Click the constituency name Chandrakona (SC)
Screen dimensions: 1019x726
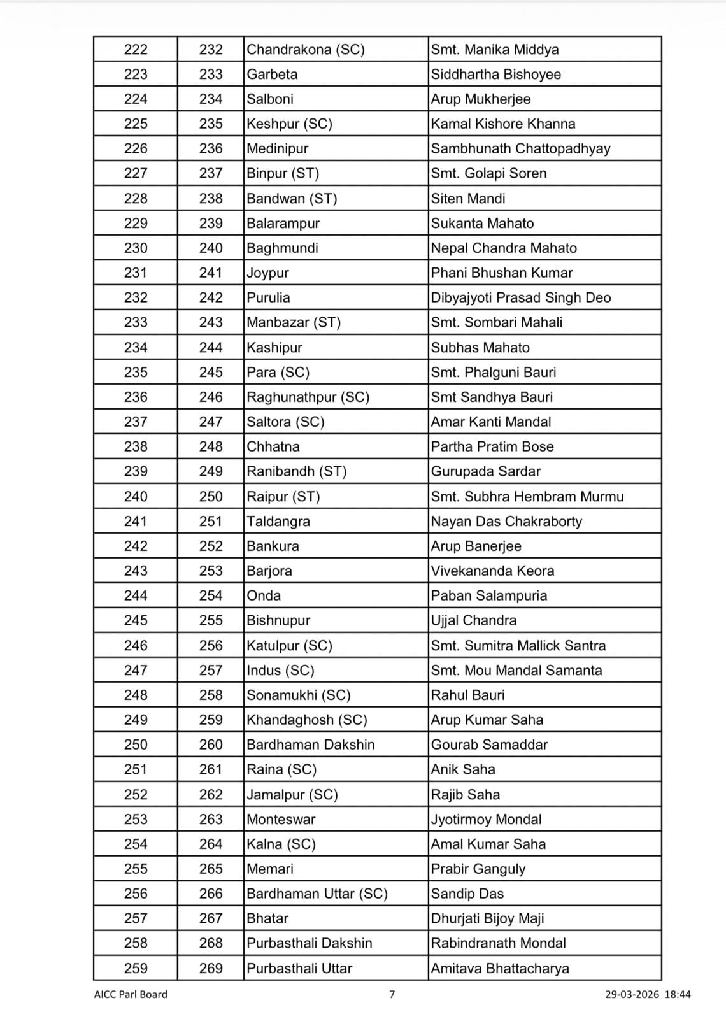click(x=306, y=50)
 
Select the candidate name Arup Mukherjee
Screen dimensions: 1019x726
click(x=480, y=99)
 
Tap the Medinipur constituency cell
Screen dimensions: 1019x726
click(x=278, y=149)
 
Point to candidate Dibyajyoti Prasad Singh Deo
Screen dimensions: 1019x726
click(x=520, y=298)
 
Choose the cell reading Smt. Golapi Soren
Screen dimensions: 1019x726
click(x=488, y=174)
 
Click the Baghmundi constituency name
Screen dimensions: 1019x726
click(x=282, y=248)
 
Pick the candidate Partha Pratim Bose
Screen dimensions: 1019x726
click(x=492, y=447)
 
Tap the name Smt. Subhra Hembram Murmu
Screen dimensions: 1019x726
click(x=527, y=497)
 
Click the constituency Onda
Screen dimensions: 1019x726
click(x=264, y=596)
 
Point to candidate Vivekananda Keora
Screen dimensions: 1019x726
click(x=492, y=571)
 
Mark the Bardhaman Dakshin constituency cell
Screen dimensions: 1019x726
click(x=311, y=745)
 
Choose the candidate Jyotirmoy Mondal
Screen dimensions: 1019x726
click(x=486, y=820)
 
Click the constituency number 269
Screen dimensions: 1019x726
click(x=211, y=969)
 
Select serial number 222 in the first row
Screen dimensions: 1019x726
click(x=136, y=50)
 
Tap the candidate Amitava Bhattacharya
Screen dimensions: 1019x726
click(x=500, y=969)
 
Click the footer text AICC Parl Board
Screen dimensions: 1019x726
click(x=131, y=994)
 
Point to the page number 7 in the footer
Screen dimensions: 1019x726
click(x=392, y=994)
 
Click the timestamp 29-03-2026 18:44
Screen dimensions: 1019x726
click(x=648, y=994)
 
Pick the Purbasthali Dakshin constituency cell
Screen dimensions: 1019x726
click(x=310, y=944)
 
